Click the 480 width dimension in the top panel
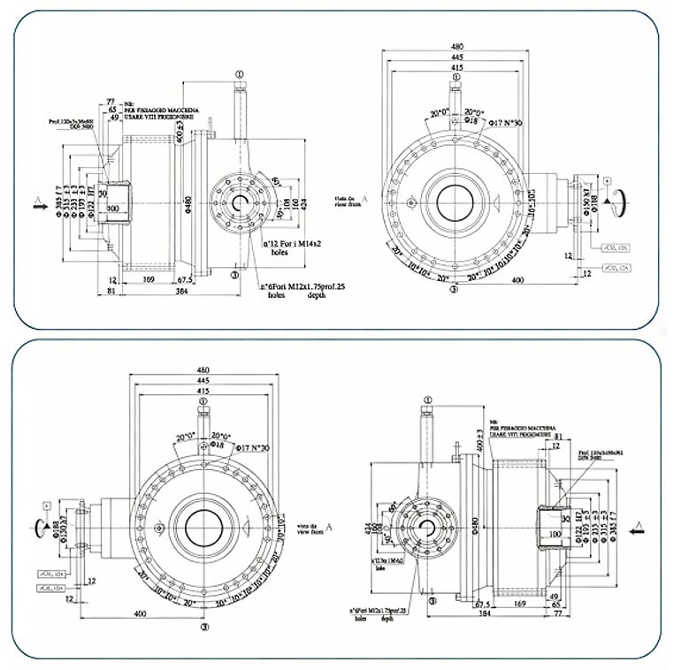(x=457, y=46)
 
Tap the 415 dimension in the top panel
(x=457, y=67)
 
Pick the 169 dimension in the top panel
(x=149, y=279)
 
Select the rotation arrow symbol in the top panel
(x=624, y=202)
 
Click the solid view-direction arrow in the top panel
(x=37, y=203)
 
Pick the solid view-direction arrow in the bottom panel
(x=637, y=531)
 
